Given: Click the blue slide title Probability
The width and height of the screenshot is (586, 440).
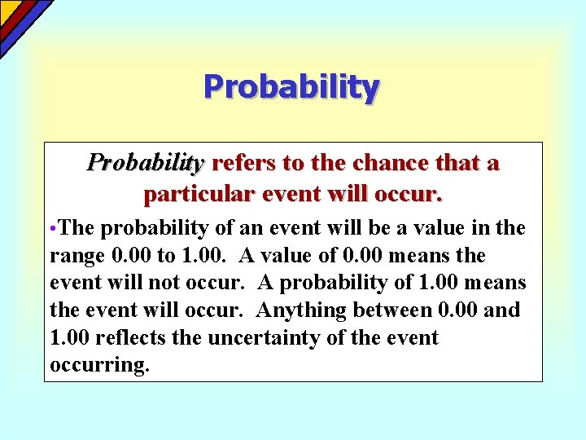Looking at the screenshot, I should click(x=291, y=86).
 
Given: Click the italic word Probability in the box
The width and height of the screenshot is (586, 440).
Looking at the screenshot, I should click(x=144, y=163).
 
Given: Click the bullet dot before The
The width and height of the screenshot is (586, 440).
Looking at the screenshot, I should click(x=53, y=229).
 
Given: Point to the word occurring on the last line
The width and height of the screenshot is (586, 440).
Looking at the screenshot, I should click(x=99, y=365).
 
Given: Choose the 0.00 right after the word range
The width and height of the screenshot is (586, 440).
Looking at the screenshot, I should click(x=129, y=256).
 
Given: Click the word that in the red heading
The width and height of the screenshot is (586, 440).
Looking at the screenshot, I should click(x=457, y=163).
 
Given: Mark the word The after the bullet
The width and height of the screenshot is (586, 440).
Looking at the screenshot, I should click(x=78, y=229).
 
